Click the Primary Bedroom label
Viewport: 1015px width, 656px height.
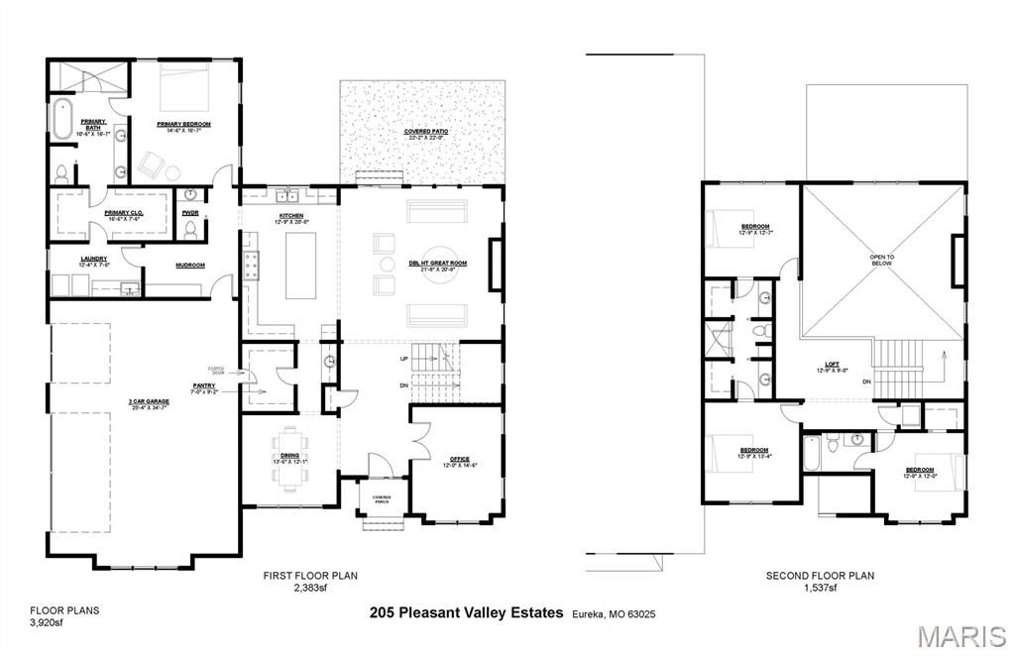coord(183,125)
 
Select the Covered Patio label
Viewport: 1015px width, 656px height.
coord(423,132)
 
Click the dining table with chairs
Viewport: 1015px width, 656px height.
coord(289,457)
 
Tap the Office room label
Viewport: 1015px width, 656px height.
coord(459,460)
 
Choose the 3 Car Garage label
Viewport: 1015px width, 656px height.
coord(146,402)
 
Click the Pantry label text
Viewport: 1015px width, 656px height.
coord(205,386)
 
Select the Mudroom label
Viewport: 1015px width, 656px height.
coord(189,266)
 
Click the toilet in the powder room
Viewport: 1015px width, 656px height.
coord(189,230)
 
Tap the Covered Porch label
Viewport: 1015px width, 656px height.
coord(382,499)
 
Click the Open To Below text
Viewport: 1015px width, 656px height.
coord(882,261)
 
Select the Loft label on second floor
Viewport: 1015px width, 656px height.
coord(833,365)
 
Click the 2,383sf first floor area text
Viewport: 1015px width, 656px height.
coord(309,588)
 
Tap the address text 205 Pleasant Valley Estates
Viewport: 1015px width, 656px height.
coord(466,612)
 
